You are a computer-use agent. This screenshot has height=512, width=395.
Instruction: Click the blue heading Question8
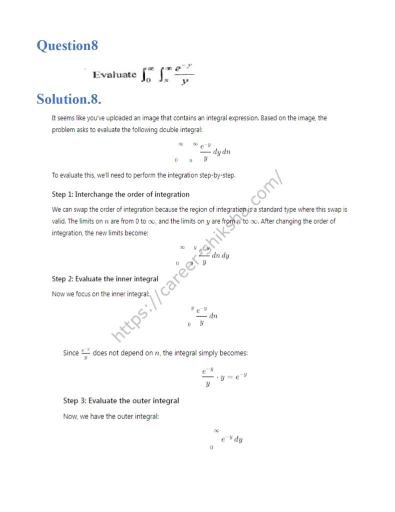click(67, 45)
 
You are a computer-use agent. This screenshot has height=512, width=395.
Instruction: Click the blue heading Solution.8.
click(69, 99)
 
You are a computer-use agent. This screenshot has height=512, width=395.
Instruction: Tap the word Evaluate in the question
click(114, 74)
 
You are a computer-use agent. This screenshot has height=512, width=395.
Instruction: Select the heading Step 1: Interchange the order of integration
click(120, 194)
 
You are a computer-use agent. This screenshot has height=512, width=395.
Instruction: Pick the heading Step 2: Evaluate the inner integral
click(105, 279)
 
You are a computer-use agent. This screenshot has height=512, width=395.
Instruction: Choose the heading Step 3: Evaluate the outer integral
click(121, 400)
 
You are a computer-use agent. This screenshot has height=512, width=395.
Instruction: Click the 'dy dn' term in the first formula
click(222, 152)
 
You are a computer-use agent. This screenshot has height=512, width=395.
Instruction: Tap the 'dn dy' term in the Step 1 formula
click(220, 255)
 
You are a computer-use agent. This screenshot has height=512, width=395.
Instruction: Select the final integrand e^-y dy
click(232, 439)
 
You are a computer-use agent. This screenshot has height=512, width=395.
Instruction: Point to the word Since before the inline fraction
click(71, 353)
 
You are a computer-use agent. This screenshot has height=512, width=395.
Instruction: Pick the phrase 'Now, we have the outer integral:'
click(111, 416)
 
